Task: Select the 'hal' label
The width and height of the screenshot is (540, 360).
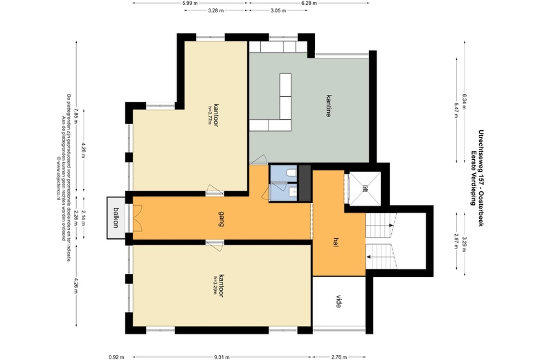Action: click(336, 242)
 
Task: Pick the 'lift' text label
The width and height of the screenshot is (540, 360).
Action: click(364, 188)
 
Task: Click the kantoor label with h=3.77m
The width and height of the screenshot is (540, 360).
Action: click(215, 113)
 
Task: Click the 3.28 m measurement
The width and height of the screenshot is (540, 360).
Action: click(215, 11)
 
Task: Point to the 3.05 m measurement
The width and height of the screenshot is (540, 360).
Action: click(279, 11)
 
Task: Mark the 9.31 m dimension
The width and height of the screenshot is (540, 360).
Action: click(222, 357)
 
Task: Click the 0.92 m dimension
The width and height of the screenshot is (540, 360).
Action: click(116, 357)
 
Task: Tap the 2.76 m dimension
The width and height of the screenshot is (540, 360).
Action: click(339, 357)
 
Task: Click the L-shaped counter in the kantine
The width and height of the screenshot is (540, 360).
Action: click(282, 111)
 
